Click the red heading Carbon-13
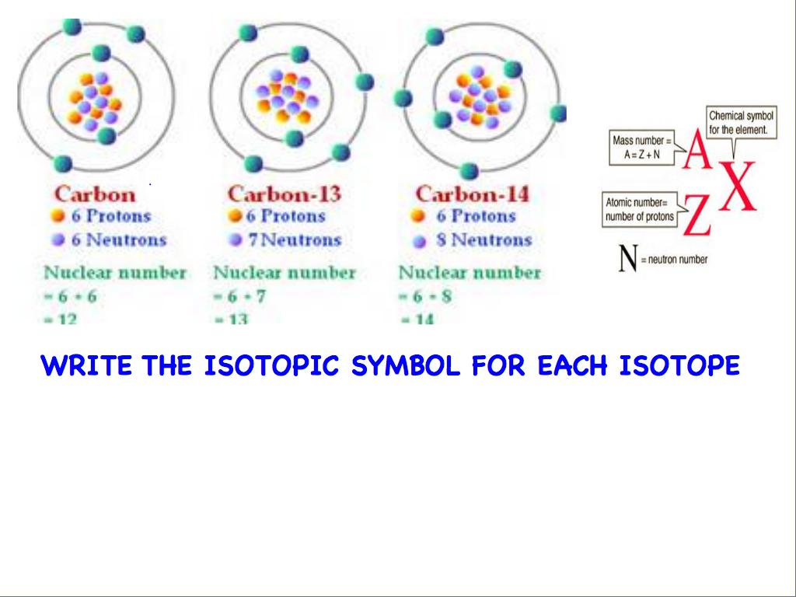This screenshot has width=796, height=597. click(x=284, y=193)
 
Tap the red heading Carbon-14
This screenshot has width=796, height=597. click(x=472, y=193)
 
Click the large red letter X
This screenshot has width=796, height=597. click(x=737, y=187)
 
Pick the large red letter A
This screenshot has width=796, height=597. click(x=697, y=152)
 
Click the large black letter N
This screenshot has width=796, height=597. click(x=628, y=260)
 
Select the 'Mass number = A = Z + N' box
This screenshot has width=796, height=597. click(x=639, y=148)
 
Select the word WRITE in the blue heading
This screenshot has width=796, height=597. click(x=86, y=365)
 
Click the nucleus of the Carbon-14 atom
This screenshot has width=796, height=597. click(x=480, y=97)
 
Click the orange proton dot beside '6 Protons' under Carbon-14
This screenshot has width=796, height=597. click(x=419, y=216)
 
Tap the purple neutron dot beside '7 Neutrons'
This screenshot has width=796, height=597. click(x=235, y=239)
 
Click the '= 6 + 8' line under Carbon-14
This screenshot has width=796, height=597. click(x=424, y=296)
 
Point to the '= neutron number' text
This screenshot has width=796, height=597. click(x=674, y=260)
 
